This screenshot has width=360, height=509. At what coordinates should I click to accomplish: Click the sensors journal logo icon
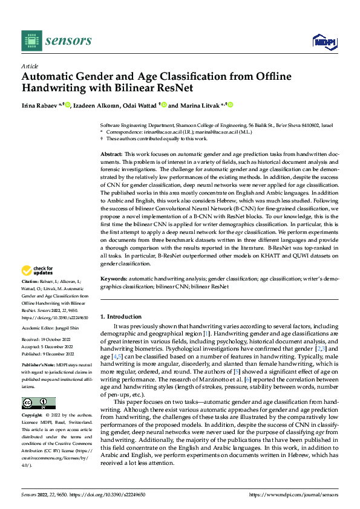[x=31, y=41]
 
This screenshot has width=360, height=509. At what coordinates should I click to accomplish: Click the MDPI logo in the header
[x=324, y=41]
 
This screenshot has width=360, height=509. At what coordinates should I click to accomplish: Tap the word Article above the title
[x=30, y=66]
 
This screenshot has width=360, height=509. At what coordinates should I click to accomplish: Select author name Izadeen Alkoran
[x=96, y=105]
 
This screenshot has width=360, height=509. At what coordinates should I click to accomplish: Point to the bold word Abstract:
[x=112, y=155]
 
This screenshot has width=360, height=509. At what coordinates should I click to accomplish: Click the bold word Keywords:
[x=113, y=279]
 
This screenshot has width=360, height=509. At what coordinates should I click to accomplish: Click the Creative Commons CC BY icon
[x=38, y=403]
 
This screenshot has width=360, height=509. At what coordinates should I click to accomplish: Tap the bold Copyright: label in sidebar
[x=33, y=416]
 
